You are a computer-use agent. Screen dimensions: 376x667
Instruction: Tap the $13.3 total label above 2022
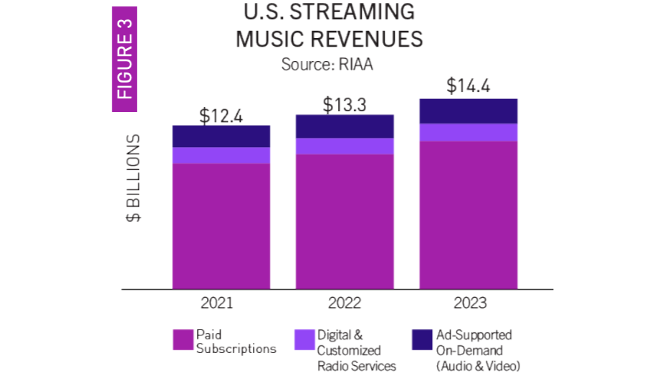click(345, 105)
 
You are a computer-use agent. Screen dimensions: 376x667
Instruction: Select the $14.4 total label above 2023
click(469, 86)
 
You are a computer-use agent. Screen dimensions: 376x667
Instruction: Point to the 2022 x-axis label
click(345, 303)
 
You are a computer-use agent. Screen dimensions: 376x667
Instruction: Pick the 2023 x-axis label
click(469, 303)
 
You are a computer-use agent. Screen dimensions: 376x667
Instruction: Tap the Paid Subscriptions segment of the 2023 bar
click(469, 215)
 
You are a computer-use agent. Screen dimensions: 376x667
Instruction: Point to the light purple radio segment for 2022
click(345, 146)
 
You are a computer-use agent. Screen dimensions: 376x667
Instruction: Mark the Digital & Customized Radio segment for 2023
click(469, 132)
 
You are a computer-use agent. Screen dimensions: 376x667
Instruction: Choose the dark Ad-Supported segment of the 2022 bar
click(345, 126)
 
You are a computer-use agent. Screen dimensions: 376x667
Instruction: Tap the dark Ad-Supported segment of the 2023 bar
click(469, 111)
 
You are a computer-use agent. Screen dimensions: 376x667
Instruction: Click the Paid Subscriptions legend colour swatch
click(183, 339)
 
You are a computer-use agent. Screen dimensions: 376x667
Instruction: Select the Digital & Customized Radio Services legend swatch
click(304, 339)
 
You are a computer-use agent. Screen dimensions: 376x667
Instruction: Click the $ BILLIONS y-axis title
click(134, 177)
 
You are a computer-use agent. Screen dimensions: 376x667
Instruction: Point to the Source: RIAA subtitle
click(327, 64)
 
